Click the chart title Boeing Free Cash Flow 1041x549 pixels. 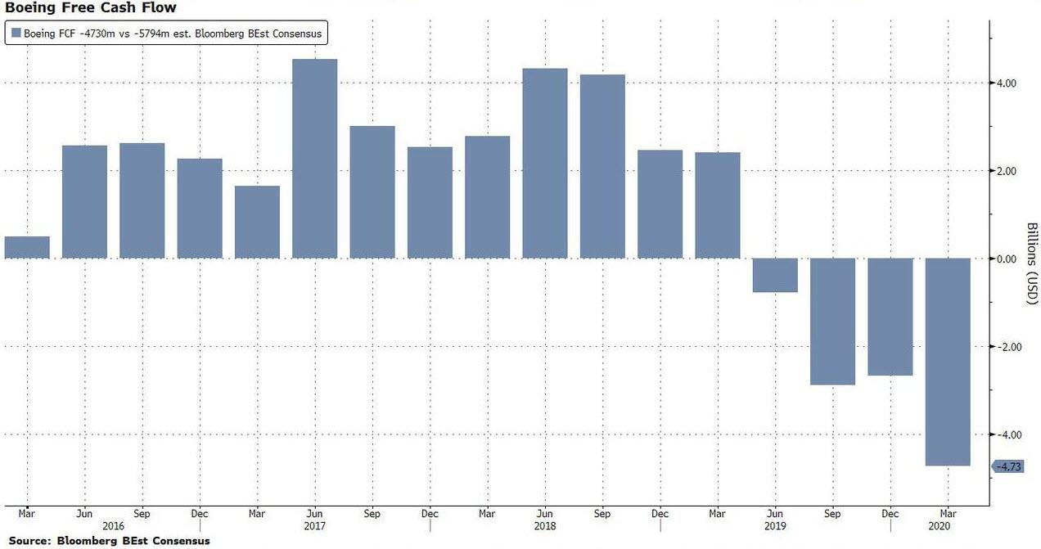tap(90, 8)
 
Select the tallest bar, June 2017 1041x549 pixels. tap(314, 159)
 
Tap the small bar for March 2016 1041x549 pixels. tap(27, 247)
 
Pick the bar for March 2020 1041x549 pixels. tap(948, 362)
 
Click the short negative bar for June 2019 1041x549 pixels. tap(775, 275)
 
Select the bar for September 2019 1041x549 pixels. tap(832, 322)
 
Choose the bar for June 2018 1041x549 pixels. tap(545, 164)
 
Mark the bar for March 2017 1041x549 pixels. tap(257, 222)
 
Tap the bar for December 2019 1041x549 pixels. tap(890, 317)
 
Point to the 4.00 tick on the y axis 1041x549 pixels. tap(1006, 83)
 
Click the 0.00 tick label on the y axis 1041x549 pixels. tap(1006, 259)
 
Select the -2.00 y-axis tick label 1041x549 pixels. tap(1004, 347)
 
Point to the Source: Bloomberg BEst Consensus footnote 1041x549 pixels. tap(109, 541)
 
